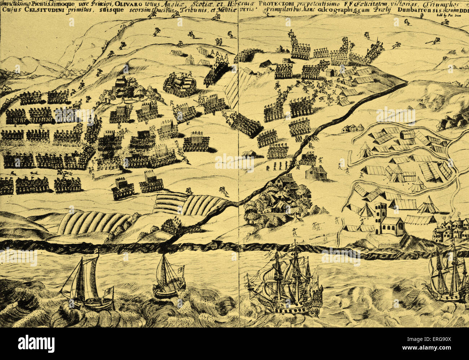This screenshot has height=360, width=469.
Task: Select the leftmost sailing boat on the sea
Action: pyautogui.click(x=87, y=283)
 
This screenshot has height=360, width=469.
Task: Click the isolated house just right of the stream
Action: pyautogui.click(x=316, y=173)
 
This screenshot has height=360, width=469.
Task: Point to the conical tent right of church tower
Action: pyautogui.click(x=428, y=206)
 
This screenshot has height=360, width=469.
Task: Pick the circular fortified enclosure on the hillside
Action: pyautogui.click(x=180, y=85)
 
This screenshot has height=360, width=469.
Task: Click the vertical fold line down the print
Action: pyautogui.click(x=238, y=144)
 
